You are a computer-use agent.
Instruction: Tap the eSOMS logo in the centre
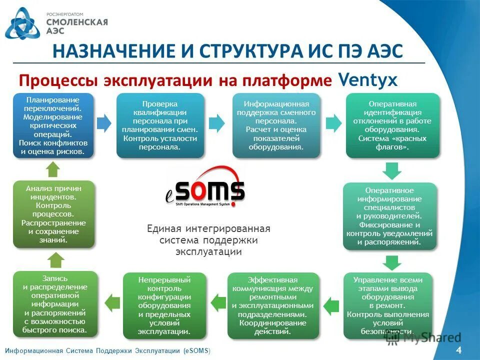pos(205,188)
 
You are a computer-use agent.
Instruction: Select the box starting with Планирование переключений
pos(53,125)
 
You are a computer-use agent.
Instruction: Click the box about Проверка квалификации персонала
pos(160,125)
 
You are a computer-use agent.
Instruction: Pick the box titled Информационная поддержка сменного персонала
pos(276,125)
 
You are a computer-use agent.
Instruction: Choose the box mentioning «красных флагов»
pos(392,125)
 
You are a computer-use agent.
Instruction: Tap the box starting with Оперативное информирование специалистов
pos(389,216)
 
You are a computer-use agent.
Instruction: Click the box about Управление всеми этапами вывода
pos(387,305)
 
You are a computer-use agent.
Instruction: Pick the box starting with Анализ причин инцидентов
pos(53,214)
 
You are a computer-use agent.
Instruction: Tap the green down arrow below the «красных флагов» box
pos(391,171)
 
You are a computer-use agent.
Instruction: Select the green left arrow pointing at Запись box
pos(111,302)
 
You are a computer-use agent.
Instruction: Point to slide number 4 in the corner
pos(458,350)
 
